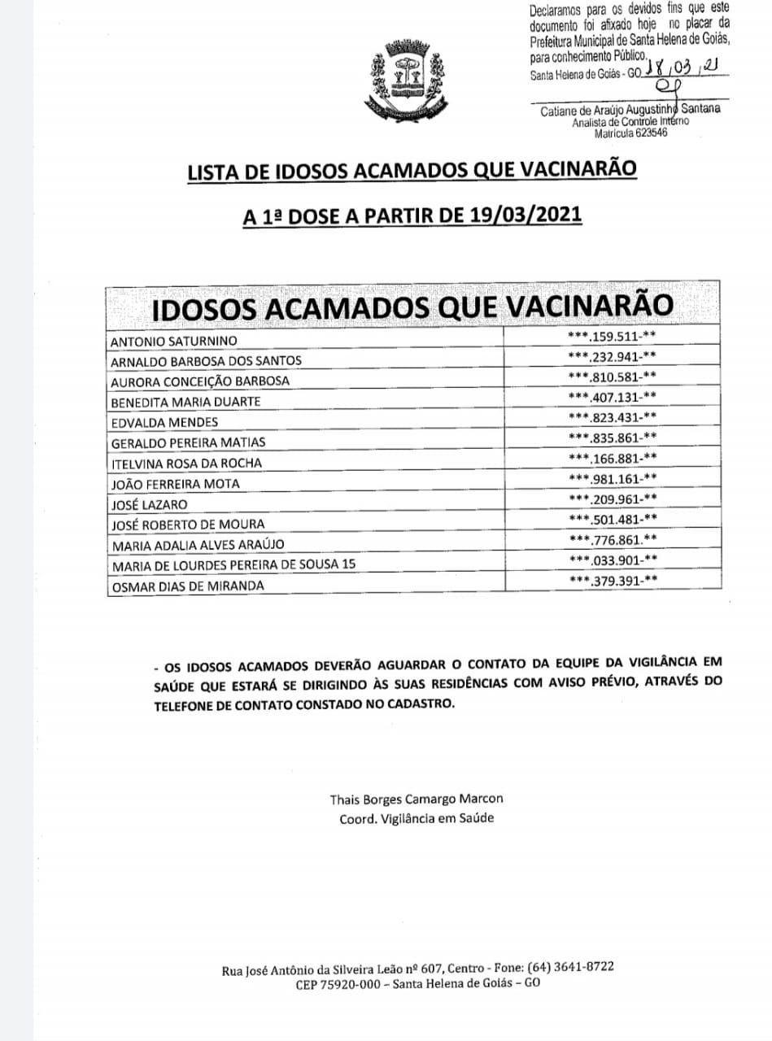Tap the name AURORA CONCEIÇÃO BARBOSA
(200, 381)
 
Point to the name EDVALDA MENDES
(155, 422)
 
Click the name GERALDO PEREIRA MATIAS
(188, 442)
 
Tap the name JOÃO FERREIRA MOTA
(176, 483)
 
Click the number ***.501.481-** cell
(613, 519)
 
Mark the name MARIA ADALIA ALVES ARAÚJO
(198, 544)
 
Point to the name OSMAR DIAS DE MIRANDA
(188, 586)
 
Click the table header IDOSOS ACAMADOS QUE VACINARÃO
(413, 307)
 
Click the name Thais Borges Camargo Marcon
(417, 799)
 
